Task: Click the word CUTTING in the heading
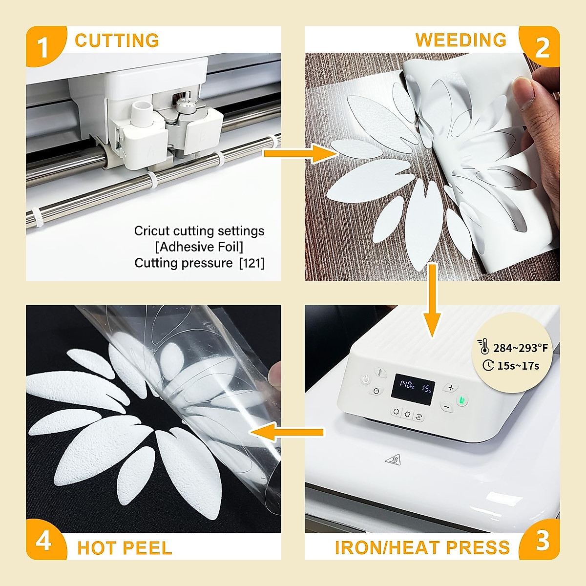(x=117, y=41)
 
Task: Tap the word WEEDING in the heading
(x=460, y=41)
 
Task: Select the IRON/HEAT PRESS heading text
(x=422, y=548)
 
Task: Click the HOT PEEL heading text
(x=125, y=548)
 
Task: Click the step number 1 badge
(x=43, y=47)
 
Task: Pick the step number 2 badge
(x=543, y=47)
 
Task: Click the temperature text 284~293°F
(x=521, y=348)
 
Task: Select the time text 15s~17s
(x=518, y=366)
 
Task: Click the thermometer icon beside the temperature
(x=483, y=346)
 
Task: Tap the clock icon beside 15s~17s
(x=488, y=365)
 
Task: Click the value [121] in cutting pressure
(x=251, y=263)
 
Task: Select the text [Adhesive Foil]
(x=199, y=247)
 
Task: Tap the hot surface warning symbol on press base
(x=393, y=459)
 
